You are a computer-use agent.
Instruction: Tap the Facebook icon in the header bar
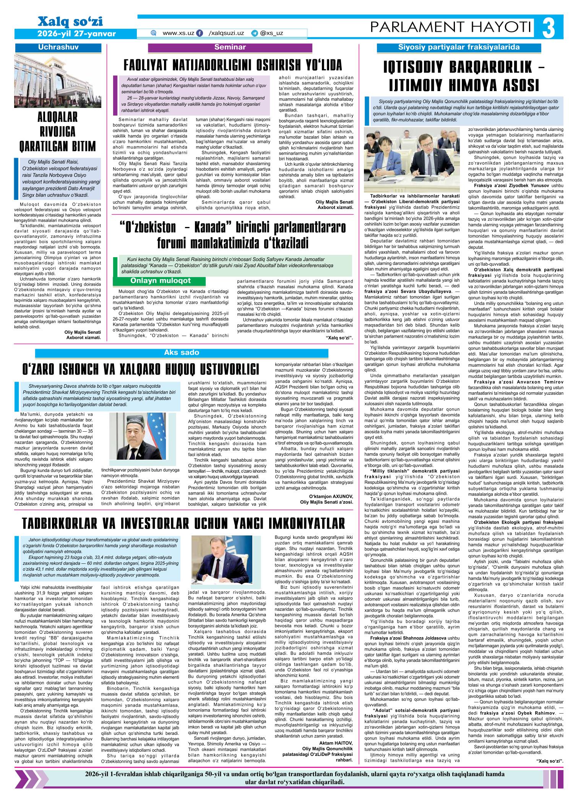click(200, 33)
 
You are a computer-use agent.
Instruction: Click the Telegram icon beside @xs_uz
click(255, 33)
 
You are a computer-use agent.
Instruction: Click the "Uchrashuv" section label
click(58, 48)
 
